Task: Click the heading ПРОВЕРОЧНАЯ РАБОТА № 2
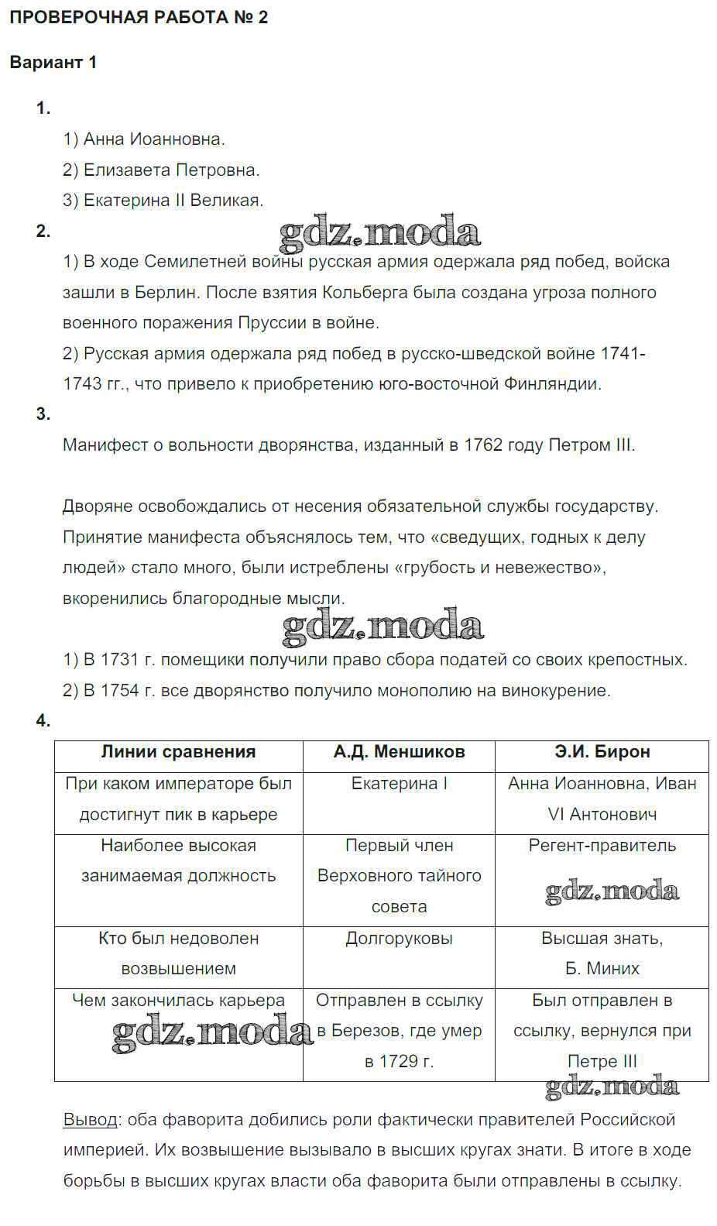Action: click(139, 17)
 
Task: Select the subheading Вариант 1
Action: click(53, 63)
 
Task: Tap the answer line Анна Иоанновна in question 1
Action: click(144, 139)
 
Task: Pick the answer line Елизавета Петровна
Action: click(161, 170)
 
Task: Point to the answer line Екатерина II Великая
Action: click(163, 200)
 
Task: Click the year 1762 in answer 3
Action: click(483, 445)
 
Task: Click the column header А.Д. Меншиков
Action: click(399, 751)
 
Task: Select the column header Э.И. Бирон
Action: click(602, 751)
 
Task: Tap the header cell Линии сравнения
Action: click(178, 751)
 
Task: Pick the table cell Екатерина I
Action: click(399, 783)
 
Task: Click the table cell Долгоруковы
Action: click(399, 938)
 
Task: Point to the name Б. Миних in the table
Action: click(602, 968)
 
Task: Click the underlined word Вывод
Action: click(90, 1120)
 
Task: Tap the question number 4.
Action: click(43, 721)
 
